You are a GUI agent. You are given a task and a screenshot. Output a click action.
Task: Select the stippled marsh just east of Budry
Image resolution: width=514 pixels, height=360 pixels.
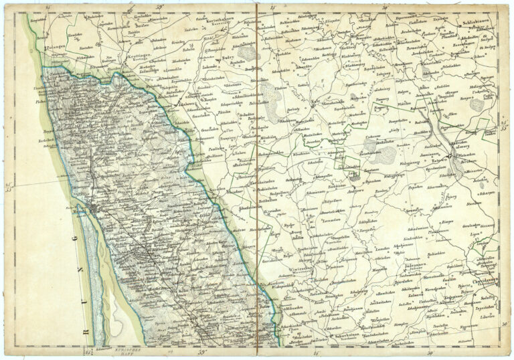pyautogui.click(x=248, y=53)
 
